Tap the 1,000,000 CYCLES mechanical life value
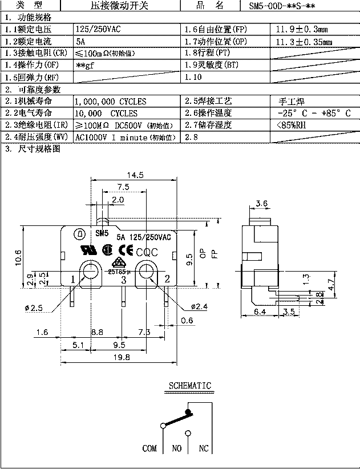point(111,102)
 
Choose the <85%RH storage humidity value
point(292,126)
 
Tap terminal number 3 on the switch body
point(123,279)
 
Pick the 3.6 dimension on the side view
point(262,203)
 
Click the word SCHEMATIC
point(189,386)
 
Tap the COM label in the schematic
point(149,448)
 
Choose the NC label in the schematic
point(204,448)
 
